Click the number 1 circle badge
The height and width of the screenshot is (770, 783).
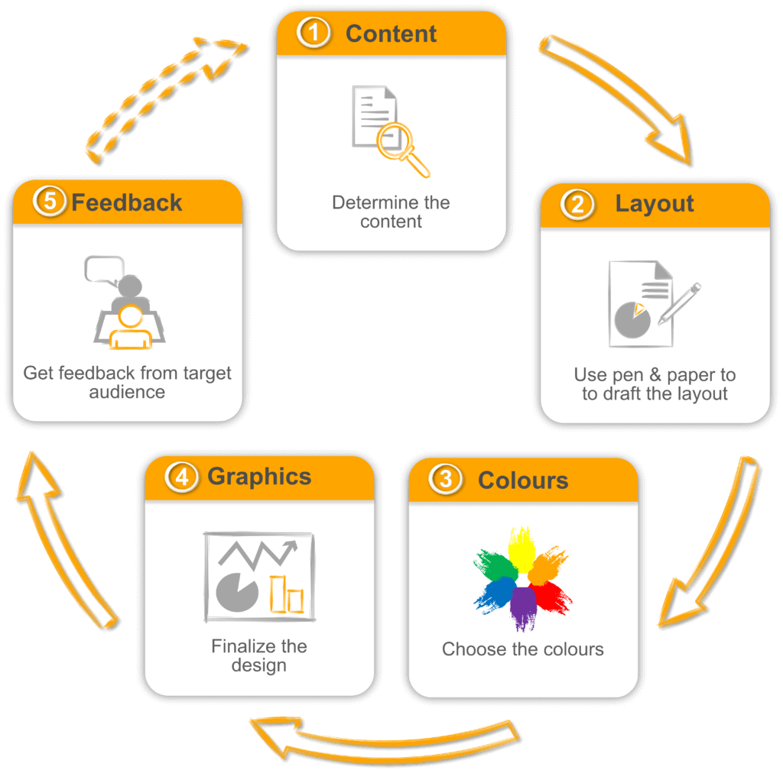tap(313, 33)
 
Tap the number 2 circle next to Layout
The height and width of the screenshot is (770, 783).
tap(577, 204)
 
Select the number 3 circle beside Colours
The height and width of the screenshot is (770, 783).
tap(446, 479)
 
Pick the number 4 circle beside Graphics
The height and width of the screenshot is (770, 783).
tap(182, 477)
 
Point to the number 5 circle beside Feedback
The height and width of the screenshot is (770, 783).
tap(50, 201)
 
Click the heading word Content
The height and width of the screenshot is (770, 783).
tap(391, 34)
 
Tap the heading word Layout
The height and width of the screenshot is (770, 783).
tap(655, 204)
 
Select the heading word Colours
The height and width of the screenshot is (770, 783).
tap(523, 480)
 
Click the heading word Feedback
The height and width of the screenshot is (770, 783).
tap(126, 202)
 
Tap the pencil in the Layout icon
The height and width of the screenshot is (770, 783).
tap(679, 304)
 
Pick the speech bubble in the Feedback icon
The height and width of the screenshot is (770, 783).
tap(104, 270)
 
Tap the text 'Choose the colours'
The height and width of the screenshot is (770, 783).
tap(523, 649)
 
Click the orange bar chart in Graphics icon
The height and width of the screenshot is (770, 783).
tap(287, 594)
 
